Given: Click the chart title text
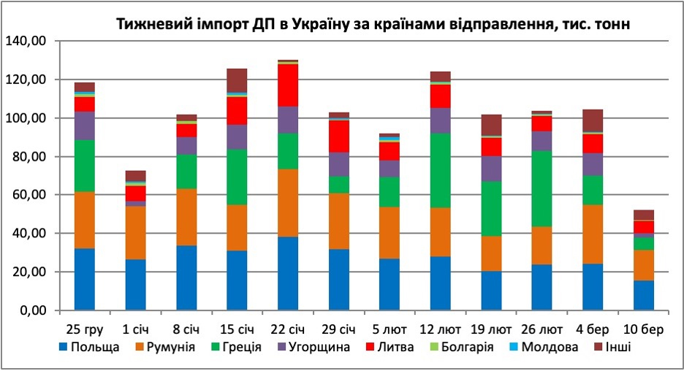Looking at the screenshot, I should (x=373, y=24).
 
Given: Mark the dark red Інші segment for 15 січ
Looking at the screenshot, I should (x=237, y=80).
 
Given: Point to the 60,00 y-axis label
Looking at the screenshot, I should (x=28, y=195).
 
